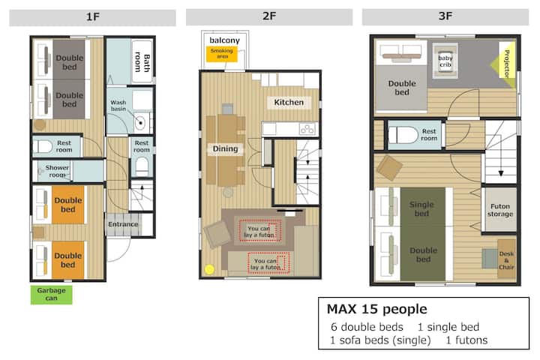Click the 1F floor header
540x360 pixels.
(x=92, y=17)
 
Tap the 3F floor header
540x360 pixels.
(x=445, y=16)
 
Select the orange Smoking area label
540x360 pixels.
(x=222, y=54)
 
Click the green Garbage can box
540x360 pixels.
(x=51, y=295)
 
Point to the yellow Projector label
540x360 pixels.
(x=505, y=64)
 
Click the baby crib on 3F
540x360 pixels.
(x=445, y=61)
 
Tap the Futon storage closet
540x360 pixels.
(x=500, y=210)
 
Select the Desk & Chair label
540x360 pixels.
(x=506, y=260)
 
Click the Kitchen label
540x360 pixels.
(x=289, y=102)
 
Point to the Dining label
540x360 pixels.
(x=225, y=148)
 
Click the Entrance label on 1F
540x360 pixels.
(x=123, y=224)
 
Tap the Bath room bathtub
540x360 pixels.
(x=142, y=61)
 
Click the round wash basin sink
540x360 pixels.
(x=139, y=123)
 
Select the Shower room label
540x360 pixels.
(x=57, y=171)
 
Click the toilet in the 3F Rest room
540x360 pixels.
(x=402, y=135)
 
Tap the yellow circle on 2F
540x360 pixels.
(x=209, y=269)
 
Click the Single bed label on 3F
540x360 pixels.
(x=421, y=208)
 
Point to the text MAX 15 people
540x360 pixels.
(x=376, y=309)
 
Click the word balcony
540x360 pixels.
(x=224, y=40)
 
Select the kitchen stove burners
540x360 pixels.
(x=307, y=129)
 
